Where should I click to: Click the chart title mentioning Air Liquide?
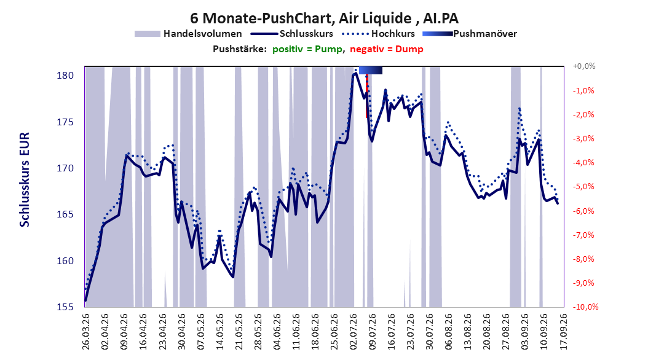tap(324, 18)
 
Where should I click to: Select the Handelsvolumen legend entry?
tap(189, 34)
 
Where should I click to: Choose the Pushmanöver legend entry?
tap(470, 34)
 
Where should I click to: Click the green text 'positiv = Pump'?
tap(307, 49)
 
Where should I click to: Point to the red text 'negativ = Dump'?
tap(387, 49)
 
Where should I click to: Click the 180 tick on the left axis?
tap(65, 76)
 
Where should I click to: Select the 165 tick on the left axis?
tap(65, 214)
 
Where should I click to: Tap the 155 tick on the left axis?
tap(65, 307)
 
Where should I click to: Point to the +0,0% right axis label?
tap(583, 66)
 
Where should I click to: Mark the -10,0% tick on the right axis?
tap(585, 307)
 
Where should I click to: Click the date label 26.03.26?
tap(86, 332)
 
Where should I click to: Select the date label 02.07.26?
tap(354, 332)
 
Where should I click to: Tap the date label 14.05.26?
tap(220, 332)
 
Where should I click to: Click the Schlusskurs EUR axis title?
tap(25, 179)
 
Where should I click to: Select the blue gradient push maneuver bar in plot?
tap(371, 71)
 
